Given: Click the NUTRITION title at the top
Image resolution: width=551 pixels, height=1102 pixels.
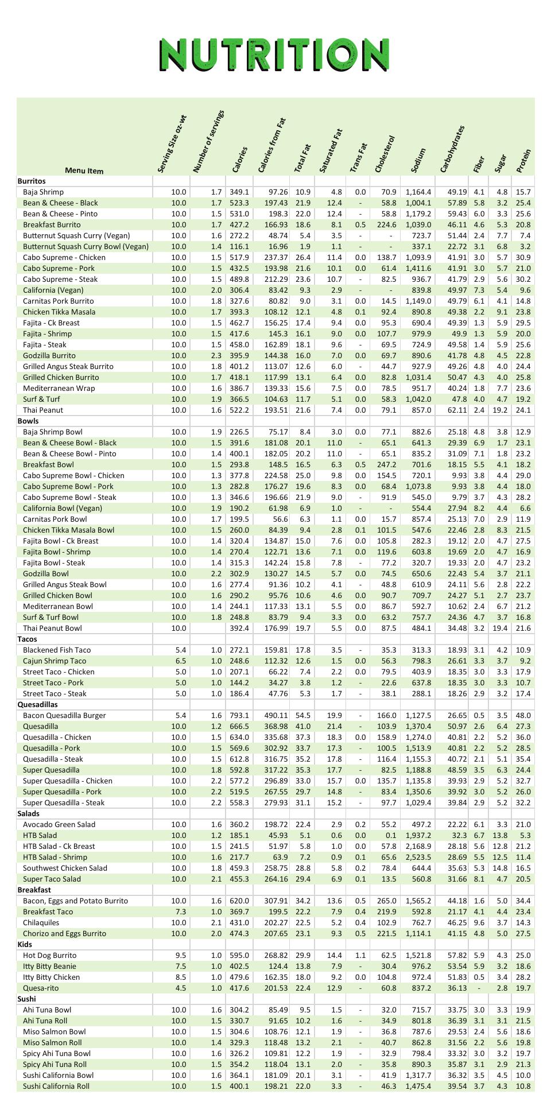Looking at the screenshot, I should point(274,55).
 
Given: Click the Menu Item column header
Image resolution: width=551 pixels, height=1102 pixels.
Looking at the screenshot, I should point(84,170).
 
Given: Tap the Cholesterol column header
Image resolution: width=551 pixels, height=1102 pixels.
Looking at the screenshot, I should point(385,154).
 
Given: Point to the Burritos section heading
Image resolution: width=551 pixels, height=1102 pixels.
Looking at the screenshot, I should point(32,181).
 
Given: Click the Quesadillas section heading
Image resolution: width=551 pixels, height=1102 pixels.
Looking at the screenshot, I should point(37,704).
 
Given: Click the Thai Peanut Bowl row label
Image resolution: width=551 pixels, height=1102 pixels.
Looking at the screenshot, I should point(52,628).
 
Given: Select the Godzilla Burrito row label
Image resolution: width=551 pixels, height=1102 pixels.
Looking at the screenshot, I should point(49,355).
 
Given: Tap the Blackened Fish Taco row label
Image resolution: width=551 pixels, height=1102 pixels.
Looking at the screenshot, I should point(57,650).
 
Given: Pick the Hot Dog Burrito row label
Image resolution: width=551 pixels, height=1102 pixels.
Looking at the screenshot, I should point(50,955).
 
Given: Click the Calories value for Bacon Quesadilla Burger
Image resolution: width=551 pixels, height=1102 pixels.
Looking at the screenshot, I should point(239,715).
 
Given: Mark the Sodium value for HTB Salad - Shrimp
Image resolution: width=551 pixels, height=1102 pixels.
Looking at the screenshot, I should point(418,857).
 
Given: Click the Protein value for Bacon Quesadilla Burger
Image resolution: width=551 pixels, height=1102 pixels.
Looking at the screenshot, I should point(523,715).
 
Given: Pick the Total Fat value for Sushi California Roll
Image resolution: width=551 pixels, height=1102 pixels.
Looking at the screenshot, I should point(302,1086).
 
